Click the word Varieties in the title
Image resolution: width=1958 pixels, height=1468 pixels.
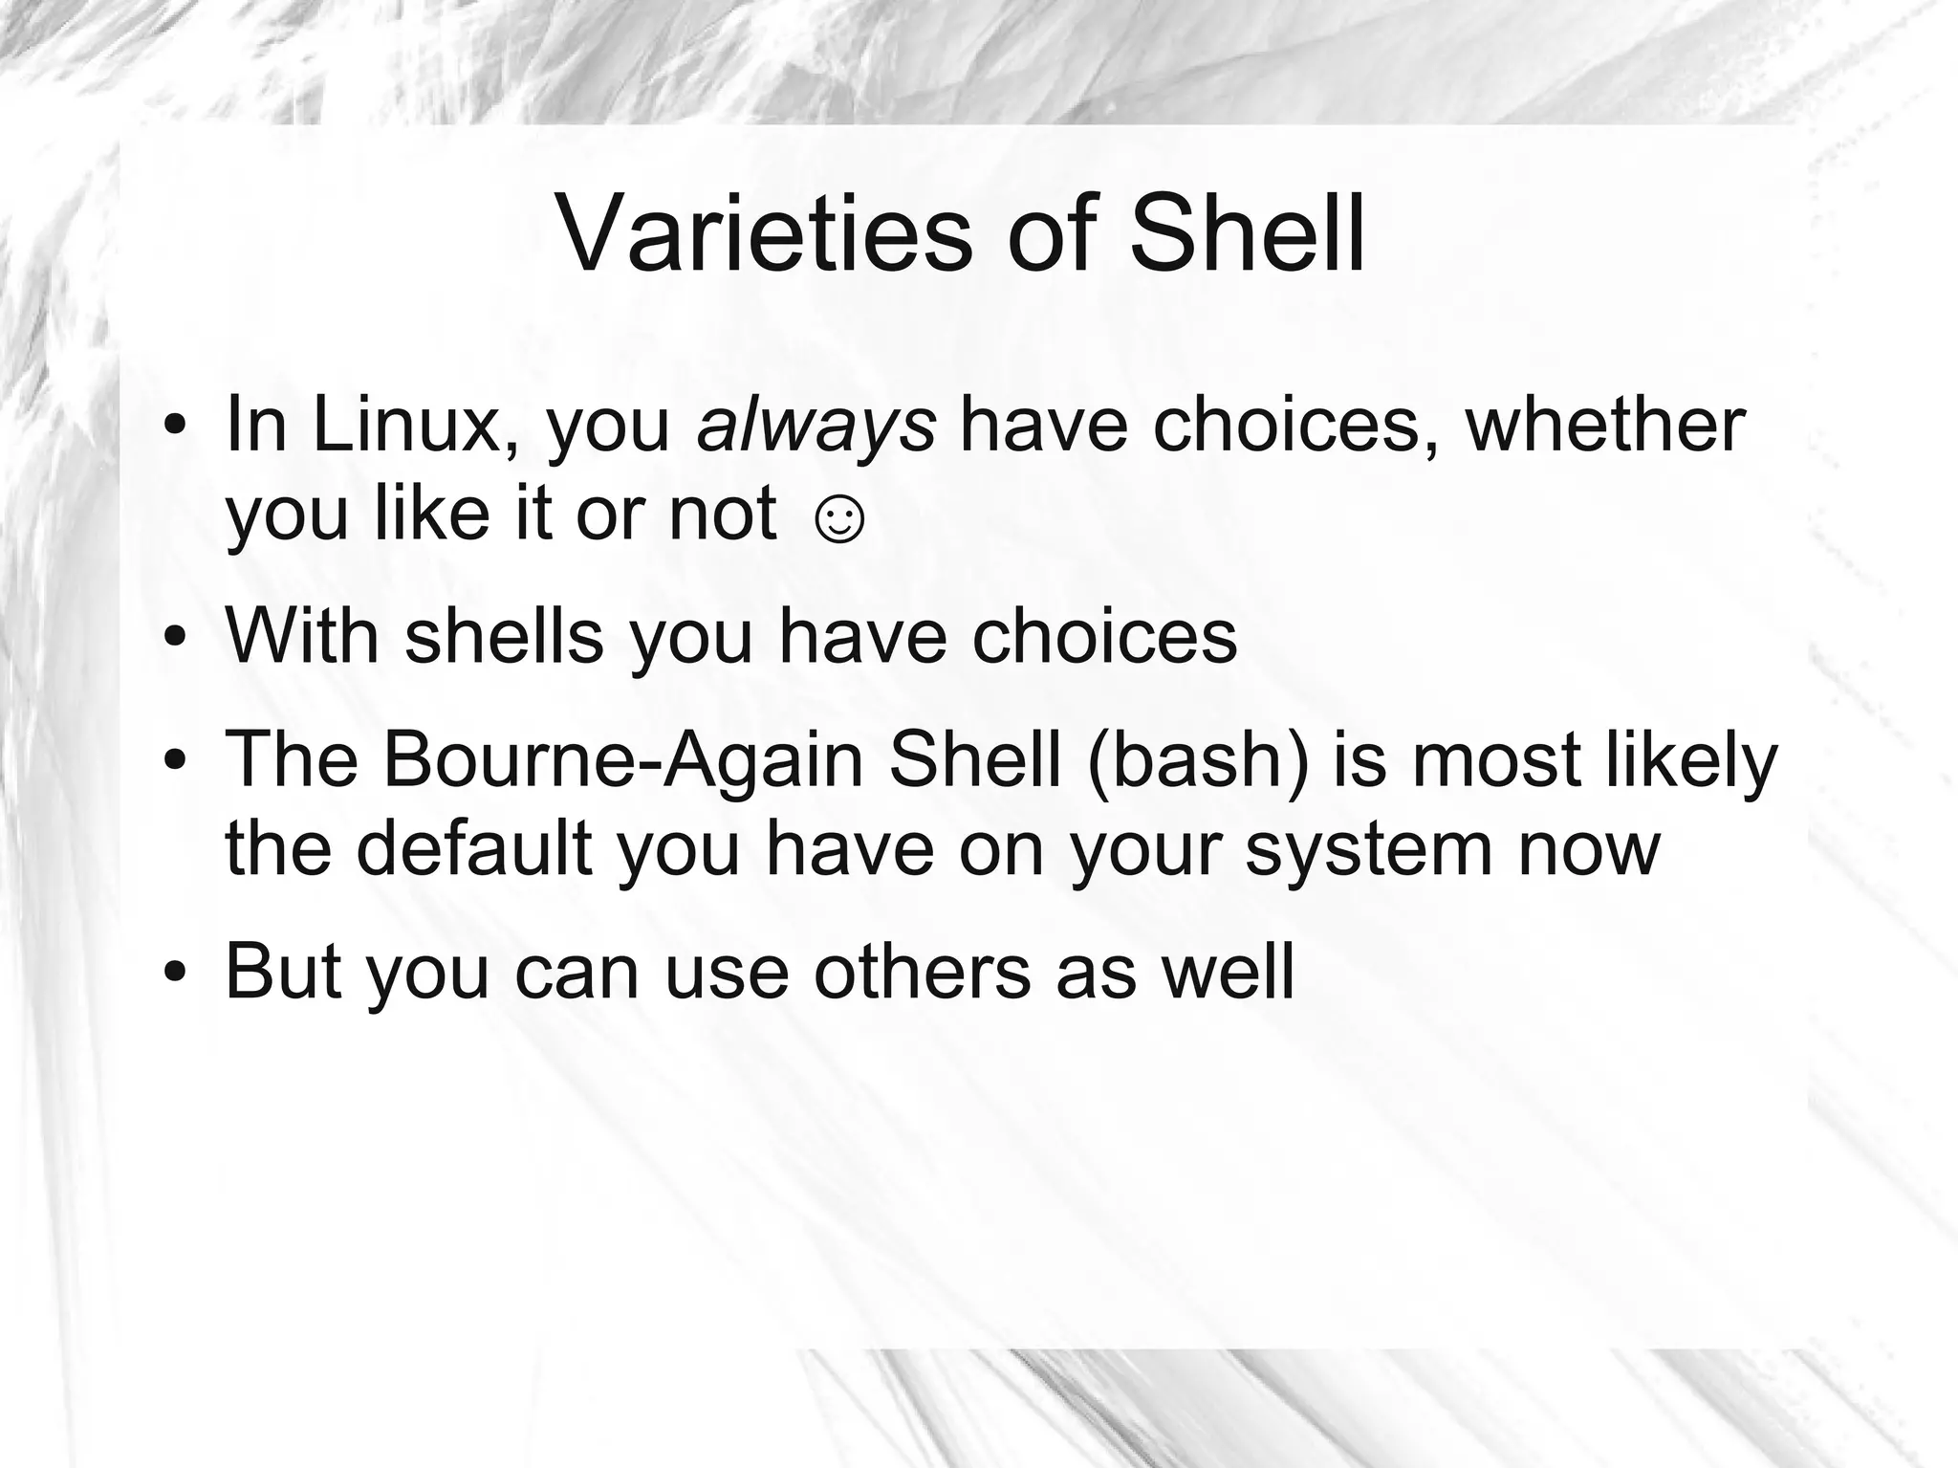(x=763, y=235)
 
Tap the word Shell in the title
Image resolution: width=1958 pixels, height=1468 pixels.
(x=1247, y=235)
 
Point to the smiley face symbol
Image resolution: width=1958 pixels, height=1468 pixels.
(x=838, y=521)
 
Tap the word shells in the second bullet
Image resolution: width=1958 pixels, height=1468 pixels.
(x=504, y=636)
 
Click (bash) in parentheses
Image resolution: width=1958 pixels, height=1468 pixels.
(x=1197, y=760)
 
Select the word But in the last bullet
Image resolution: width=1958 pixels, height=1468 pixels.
(x=283, y=973)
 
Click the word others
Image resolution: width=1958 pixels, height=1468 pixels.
(x=922, y=973)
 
